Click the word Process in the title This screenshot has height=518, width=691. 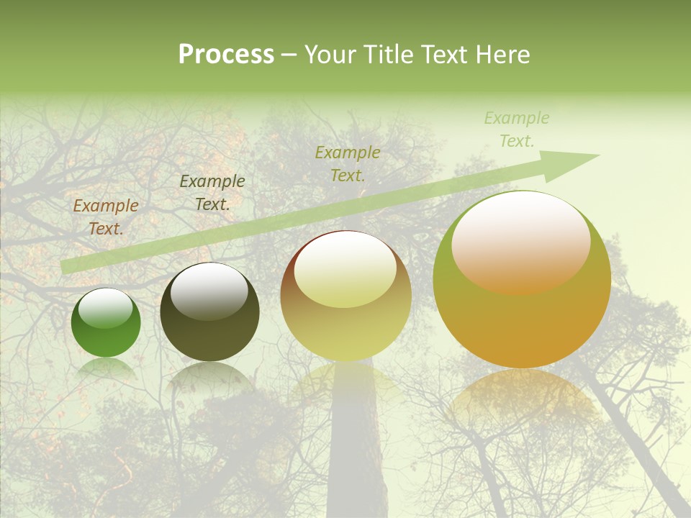(226, 55)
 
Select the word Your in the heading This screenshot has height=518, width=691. (330, 55)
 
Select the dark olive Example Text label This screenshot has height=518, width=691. (212, 193)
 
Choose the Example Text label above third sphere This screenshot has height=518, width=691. (348, 163)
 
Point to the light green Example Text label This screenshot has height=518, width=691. (516, 129)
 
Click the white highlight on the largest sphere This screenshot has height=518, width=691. (520, 241)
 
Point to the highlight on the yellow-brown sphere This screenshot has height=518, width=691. (345, 270)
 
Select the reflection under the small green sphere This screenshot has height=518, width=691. (106, 368)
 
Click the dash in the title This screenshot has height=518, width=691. (289, 55)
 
